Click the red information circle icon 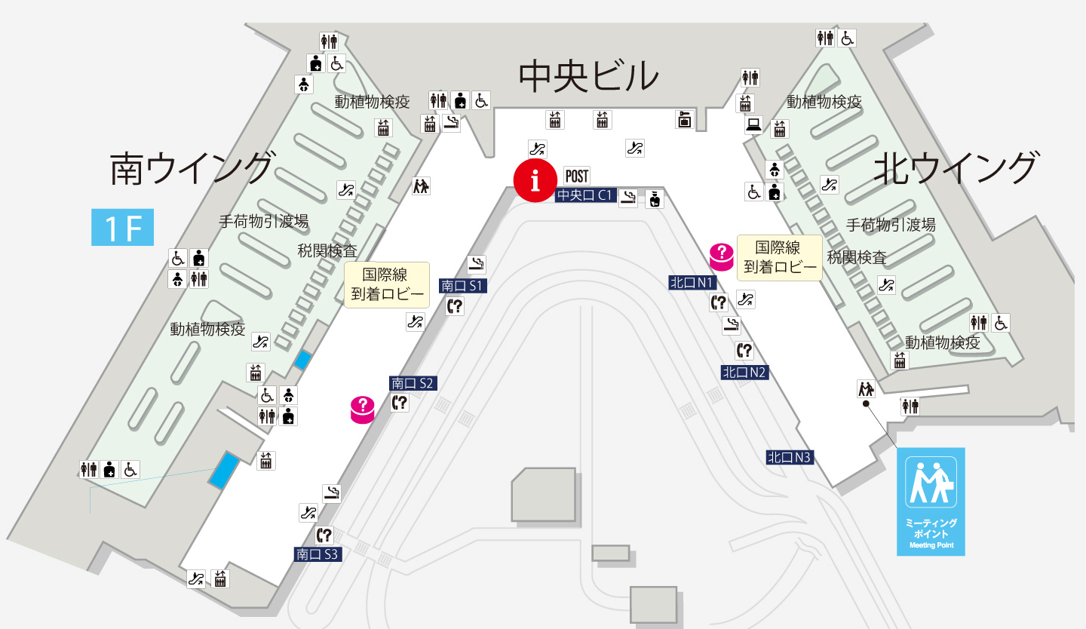[x=536, y=181]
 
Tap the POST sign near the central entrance [x=577, y=176]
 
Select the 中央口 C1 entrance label [x=585, y=196]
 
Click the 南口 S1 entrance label [x=464, y=286]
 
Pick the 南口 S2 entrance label [x=413, y=383]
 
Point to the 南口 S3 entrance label [x=318, y=554]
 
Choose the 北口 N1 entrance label [x=692, y=283]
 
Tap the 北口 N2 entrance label [x=744, y=372]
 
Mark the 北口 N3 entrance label [x=790, y=457]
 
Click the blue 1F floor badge [x=122, y=228]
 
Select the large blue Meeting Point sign [x=931, y=502]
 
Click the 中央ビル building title [x=588, y=76]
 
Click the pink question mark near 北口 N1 [x=722, y=257]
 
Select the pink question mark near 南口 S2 [x=363, y=410]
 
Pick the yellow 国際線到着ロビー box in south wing [x=387, y=284]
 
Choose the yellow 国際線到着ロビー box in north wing [x=780, y=257]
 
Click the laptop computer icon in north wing [x=753, y=125]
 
